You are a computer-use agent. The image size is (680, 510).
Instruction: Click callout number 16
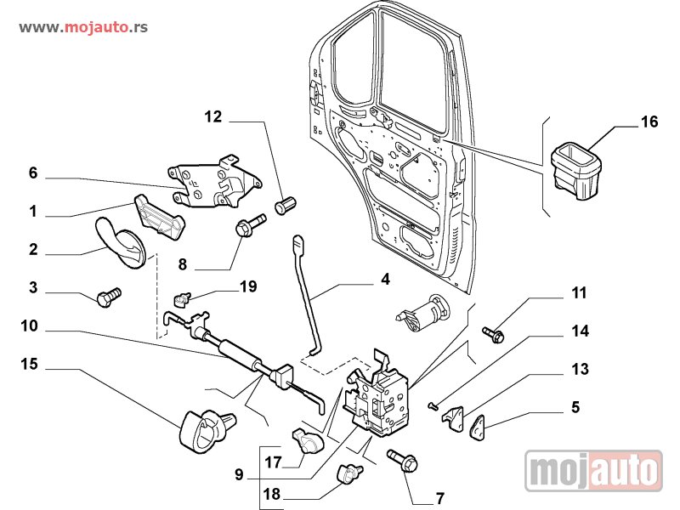(x=649, y=122)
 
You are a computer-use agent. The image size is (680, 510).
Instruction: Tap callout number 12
(x=212, y=116)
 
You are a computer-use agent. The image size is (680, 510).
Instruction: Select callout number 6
(x=33, y=173)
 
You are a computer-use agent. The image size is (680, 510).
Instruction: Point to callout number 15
(x=30, y=364)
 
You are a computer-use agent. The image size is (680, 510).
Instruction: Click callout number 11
(x=579, y=294)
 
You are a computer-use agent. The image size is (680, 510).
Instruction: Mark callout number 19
(x=247, y=286)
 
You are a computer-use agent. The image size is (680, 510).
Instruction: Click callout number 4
(x=385, y=279)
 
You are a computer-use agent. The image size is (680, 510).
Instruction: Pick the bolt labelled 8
(x=247, y=227)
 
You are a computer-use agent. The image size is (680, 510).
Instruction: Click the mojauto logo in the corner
(x=593, y=470)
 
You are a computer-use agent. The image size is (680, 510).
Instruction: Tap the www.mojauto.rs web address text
(x=83, y=27)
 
